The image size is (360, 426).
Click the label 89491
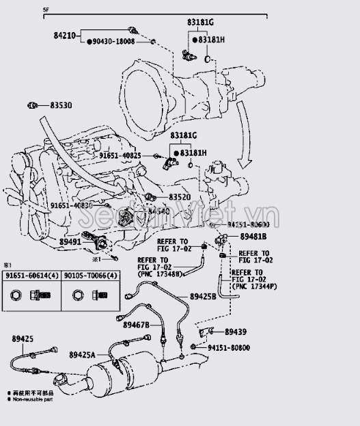point(69,241)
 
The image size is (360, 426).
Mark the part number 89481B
point(254,236)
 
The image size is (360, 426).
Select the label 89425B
point(203,297)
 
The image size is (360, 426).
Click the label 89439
point(236,332)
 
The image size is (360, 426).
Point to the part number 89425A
point(82,354)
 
